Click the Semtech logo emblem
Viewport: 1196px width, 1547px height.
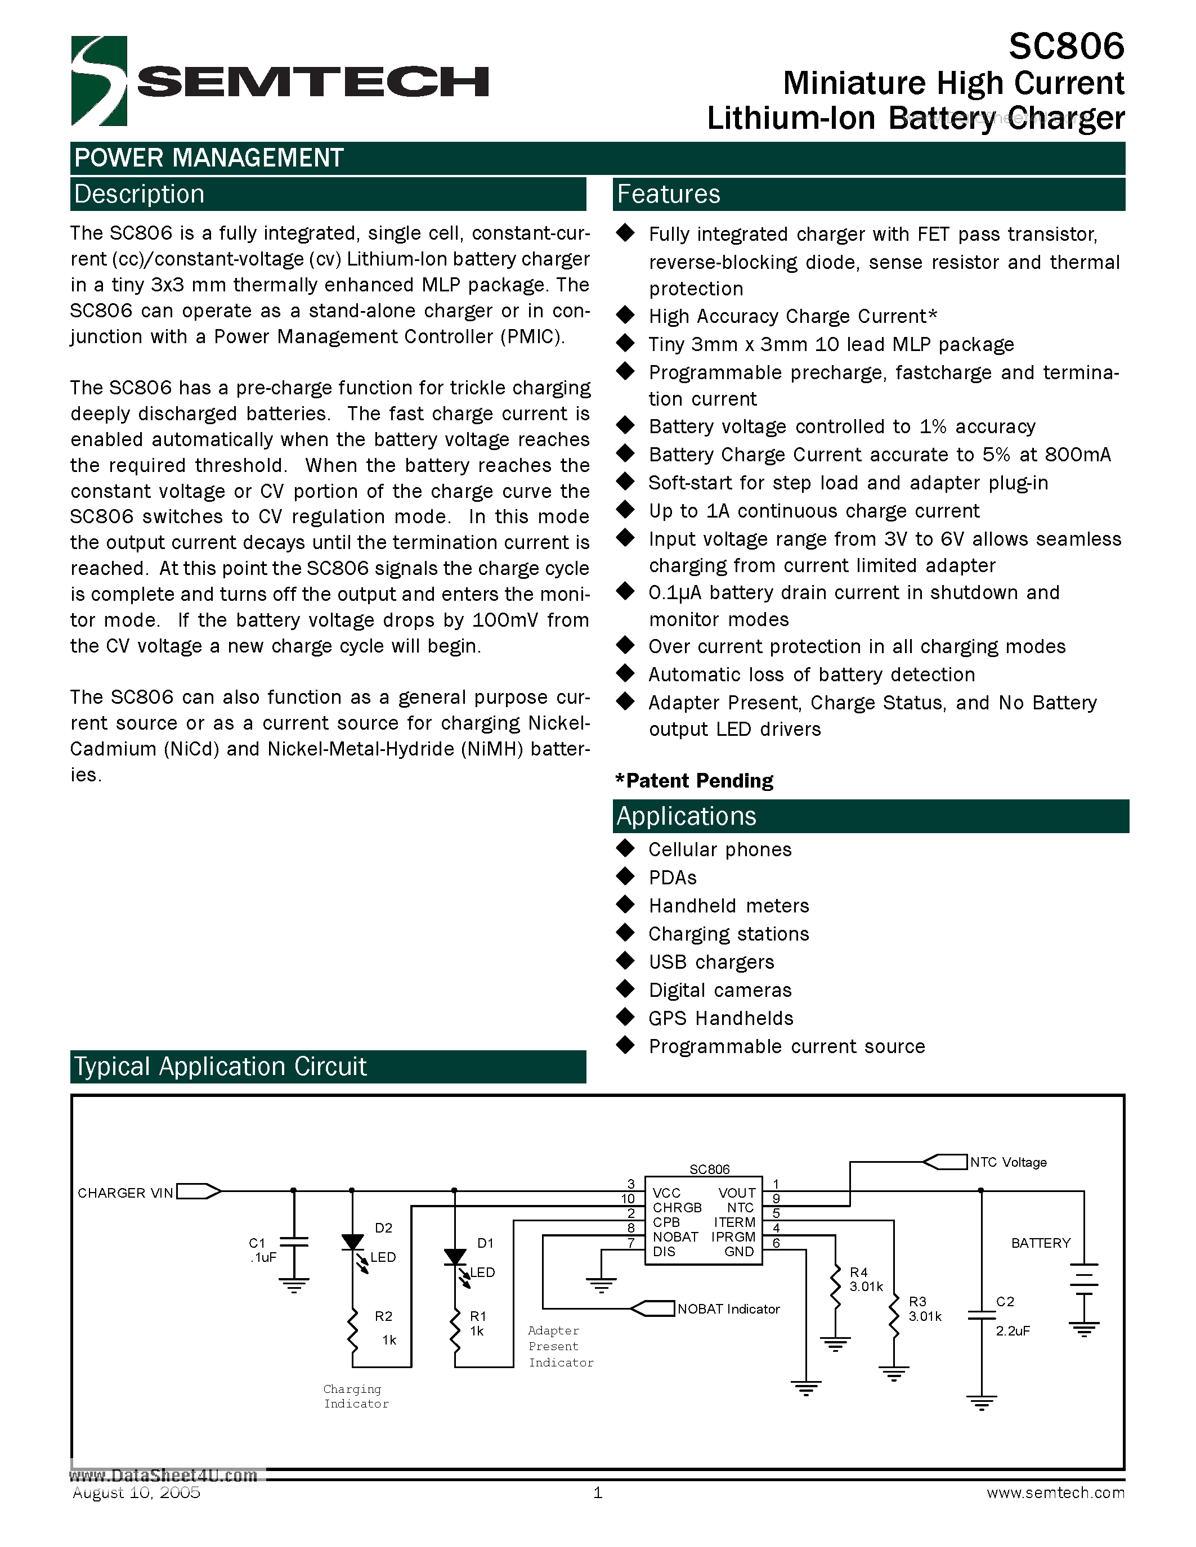pyautogui.click(x=99, y=81)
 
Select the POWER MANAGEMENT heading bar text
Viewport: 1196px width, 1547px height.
pyautogui.click(x=209, y=158)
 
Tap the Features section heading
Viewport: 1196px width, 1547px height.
pyautogui.click(x=668, y=194)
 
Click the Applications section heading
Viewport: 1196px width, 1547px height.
pyautogui.click(x=686, y=816)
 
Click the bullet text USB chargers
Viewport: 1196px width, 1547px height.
pyautogui.click(x=711, y=962)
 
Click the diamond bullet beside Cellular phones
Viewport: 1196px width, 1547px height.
pyautogui.click(x=625, y=848)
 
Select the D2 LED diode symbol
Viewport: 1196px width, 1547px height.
pyautogui.click(x=352, y=1243)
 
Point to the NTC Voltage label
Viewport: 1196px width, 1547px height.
pyautogui.click(x=1007, y=1162)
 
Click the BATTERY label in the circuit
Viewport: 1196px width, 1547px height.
pyautogui.click(x=1040, y=1243)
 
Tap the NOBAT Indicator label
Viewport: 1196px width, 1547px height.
pyautogui.click(x=728, y=1309)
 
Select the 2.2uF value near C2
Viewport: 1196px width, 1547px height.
pyautogui.click(x=1013, y=1331)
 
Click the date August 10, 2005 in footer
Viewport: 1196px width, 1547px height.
pyautogui.click(x=136, y=1492)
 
